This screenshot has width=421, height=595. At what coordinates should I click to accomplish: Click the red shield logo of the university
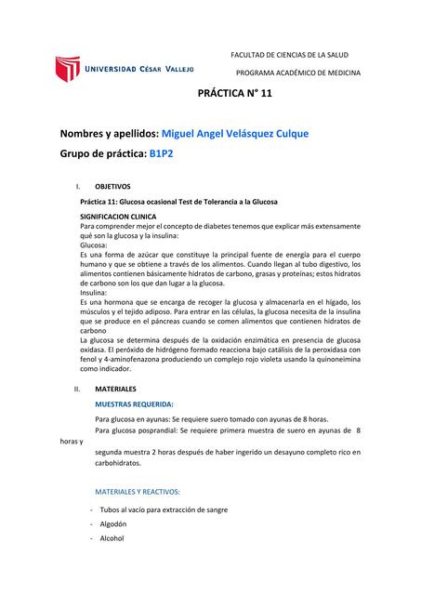pos(69,69)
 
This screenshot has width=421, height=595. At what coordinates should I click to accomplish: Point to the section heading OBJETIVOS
pos(113,186)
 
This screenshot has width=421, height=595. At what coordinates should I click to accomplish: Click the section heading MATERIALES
pos(116,388)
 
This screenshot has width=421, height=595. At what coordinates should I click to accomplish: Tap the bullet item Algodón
pos(113,523)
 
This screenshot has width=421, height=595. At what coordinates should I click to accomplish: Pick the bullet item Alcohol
pos(111,538)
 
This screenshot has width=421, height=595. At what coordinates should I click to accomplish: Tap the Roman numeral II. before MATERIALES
pos(78,388)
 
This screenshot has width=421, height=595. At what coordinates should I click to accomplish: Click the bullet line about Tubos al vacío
pos(163,509)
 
